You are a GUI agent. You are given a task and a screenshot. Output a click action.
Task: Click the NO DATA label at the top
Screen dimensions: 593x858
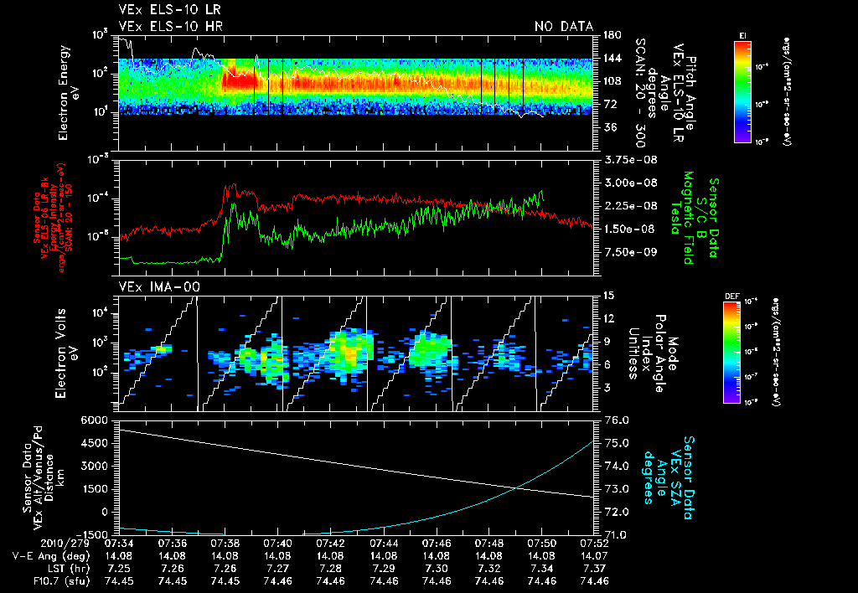pos(564,26)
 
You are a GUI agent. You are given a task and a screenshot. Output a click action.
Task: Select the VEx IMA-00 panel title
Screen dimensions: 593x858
pos(149,286)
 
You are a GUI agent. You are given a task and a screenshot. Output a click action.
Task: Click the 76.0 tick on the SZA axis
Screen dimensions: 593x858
pos(616,420)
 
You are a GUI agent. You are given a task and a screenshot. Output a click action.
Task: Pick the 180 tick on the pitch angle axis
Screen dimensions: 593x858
pos(609,34)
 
